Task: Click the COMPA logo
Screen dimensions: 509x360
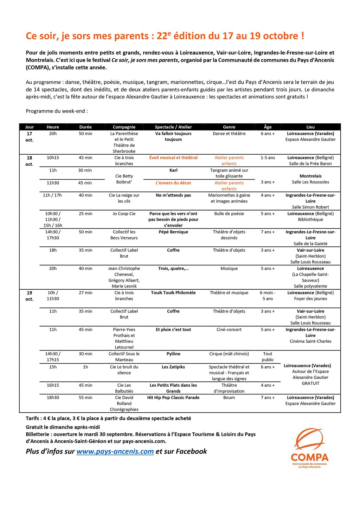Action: click(309, 448)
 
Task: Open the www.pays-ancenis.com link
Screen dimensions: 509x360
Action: click(115, 451)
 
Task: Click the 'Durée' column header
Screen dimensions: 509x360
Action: click(85, 127)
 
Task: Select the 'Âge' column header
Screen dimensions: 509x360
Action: click(268, 127)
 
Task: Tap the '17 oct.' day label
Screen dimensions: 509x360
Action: click(30, 137)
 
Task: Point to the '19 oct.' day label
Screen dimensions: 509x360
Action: click(30, 296)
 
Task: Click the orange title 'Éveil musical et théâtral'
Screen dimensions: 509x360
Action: click(173, 157)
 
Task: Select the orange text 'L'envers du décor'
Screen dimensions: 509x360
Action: click(173, 183)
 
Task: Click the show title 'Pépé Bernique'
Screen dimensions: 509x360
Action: click(173, 232)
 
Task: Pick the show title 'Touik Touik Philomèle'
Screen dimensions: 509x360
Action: click(173, 293)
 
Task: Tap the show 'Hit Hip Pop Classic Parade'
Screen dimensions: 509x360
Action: click(173, 398)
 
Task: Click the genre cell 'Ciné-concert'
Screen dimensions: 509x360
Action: click(229, 330)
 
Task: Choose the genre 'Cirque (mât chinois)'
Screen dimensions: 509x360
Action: click(229, 354)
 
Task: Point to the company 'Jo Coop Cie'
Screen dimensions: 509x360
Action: click(124, 214)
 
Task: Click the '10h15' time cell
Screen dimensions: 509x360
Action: click(53, 158)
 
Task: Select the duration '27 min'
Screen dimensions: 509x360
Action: click(85, 293)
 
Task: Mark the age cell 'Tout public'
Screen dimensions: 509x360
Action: click(268, 357)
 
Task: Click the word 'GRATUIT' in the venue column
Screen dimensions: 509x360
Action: click(310, 384)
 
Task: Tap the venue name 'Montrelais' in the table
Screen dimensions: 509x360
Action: click(310, 176)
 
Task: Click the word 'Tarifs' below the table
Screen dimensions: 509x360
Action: click(33, 418)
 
